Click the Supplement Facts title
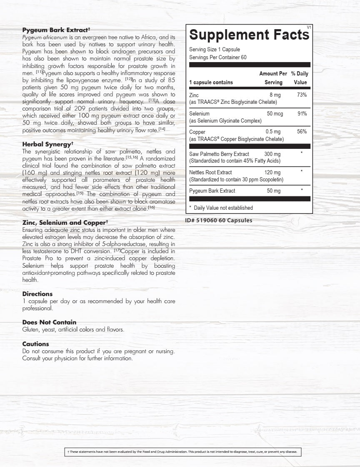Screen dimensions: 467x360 pyautogui.click(x=249, y=35)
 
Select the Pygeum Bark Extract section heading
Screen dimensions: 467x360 pyautogui.click(x=56, y=30)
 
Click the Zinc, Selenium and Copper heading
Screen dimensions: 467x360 pyautogui.click(x=65, y=223)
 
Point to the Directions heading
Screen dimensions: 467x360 pyautogui.click(x=37, y=294)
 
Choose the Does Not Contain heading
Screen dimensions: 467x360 pyautogui.click(x=49, y=322)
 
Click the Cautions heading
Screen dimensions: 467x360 pyautogui.click(x=35, y=344)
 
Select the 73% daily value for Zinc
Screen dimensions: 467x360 pyautogui.click(x=302, y=95)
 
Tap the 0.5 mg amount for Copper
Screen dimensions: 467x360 pyautogui.click(x=274, y=132)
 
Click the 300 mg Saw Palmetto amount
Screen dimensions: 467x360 pyautogui.click(x=272, y=154)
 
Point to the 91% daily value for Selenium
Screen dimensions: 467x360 pyautogui.click(x=302, y=113)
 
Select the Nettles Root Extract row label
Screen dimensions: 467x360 pyautogui.click(x=210, y=172)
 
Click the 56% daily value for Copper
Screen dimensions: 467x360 pyautogui.click(x=302, y=132)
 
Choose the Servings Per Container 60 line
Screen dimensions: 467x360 pyautogui.click(x=217, y=57)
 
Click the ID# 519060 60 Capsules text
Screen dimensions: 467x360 pyautogui.click(x=218, y=220)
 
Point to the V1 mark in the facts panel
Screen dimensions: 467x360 pyautogui.click(x=309, y=27)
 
